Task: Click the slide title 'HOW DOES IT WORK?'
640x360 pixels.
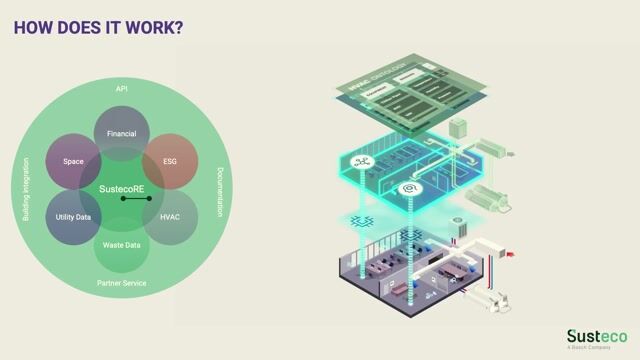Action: point(98,27)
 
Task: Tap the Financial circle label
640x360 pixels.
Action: point(122,132)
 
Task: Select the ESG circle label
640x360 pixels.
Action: point(170,160)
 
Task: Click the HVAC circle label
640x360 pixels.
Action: point(170,216)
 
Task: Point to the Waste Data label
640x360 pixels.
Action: point(122,245)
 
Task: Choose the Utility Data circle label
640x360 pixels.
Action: point(73,216)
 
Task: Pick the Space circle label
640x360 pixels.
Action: point(73,160)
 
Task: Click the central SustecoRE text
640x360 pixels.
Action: point(122,188)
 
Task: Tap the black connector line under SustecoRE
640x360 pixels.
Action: point(137,199)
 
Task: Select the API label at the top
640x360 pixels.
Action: point(122,89)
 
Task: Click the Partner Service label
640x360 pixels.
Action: point(122,283)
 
